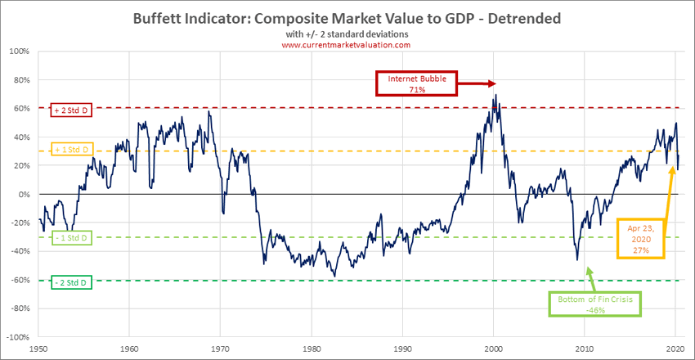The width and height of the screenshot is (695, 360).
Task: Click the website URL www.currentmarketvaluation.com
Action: pos(347,45)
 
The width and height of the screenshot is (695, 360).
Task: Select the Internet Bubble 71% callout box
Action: pos(416,83)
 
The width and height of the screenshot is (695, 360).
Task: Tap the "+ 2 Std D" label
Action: pos(72,109)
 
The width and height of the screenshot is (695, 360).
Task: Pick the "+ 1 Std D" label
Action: pos(72,151)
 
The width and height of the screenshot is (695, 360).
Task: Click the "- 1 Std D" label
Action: pos(72,237)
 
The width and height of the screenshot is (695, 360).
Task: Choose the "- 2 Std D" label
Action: pos(72,281)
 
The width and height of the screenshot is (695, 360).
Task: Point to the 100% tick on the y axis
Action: pos(20,52)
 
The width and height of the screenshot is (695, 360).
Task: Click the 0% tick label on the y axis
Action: pos(24,195)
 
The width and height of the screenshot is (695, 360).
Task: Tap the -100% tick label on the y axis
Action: pos(19,337)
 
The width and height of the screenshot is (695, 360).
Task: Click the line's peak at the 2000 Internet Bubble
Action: pos(495,95)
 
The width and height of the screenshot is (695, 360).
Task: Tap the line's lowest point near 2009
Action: pos(577,260)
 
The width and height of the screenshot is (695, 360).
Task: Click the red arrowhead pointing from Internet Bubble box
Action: pos(492,83)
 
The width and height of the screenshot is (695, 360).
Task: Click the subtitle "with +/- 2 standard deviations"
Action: pos(347,34)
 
